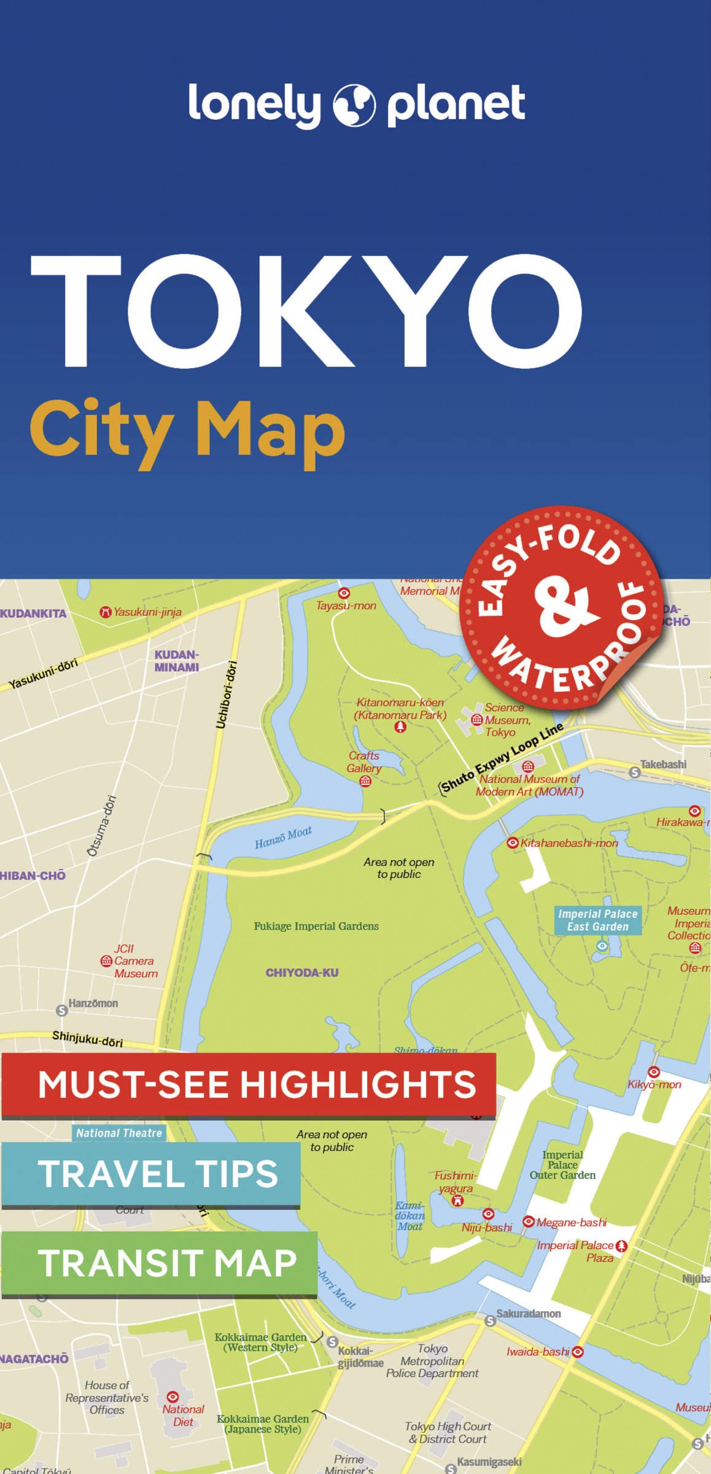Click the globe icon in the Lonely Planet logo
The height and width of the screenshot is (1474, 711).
tap(354, 104)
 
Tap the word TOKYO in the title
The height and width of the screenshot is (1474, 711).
tap(306, 311)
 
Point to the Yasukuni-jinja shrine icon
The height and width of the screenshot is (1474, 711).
tap(106, 612)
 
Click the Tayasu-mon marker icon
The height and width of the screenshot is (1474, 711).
tap(344, 593)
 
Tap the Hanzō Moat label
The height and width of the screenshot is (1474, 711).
tap(283, 837)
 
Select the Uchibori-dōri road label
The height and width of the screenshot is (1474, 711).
tap(226, 695)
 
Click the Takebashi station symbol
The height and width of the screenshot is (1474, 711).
tap(635, 773)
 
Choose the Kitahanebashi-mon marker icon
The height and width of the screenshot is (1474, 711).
tap(512, 843)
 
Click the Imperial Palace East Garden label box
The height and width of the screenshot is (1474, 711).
tap(597, 920)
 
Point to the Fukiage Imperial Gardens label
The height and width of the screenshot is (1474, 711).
tap(316, 926)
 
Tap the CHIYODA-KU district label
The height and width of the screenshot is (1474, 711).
tap(301, 973)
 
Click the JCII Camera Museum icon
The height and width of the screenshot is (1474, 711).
tap(106, 961)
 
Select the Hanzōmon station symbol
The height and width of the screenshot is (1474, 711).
tap(61, 1010)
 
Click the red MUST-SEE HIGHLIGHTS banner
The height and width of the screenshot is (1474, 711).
tap(248, 1085)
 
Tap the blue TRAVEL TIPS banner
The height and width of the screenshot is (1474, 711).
tap(151, 1174)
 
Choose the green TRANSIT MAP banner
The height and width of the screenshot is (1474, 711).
tap(159, 1263)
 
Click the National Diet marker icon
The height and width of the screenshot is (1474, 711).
tap(173, 1396)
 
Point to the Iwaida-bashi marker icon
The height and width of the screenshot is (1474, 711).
tap(577, 1352)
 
